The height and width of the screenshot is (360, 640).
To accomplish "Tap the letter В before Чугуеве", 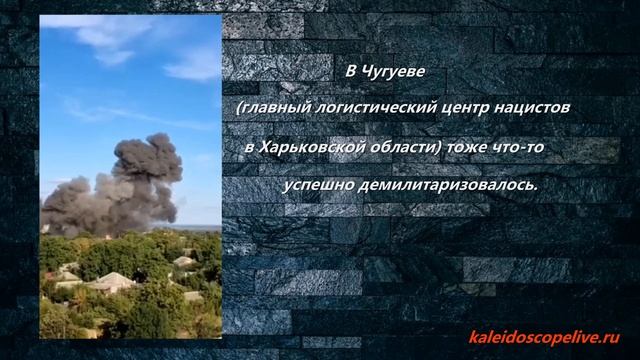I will point(350,73).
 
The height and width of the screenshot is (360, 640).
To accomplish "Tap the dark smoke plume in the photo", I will point(130,185).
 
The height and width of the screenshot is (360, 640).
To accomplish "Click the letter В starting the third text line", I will point(249,147).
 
